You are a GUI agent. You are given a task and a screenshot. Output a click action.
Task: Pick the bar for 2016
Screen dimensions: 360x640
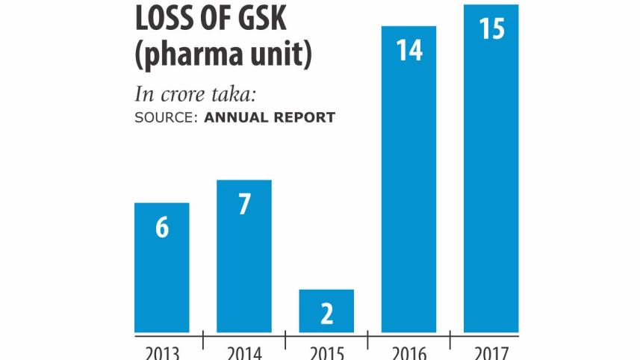tap(408, 179)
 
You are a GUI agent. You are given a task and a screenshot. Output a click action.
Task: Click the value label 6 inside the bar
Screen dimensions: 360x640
tap(162, 228)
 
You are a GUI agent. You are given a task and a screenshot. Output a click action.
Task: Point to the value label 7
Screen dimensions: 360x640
tap(244, 205)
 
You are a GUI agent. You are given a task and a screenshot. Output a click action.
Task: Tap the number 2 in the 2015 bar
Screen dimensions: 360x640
tap(326, 314)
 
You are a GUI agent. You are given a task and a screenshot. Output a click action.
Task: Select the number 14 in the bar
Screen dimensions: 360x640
tap(408, 51)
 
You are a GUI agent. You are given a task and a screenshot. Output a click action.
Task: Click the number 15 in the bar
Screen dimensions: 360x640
tap(491, 29)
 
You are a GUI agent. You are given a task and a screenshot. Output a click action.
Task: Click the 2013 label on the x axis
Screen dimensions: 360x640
tap(161, 351)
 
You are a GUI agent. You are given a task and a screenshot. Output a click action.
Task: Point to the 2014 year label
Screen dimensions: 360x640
tap(244, 351)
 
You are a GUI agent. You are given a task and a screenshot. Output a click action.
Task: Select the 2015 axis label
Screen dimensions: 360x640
tap(326, 351)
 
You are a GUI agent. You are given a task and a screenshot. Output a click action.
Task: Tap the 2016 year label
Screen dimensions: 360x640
tap(408, 351)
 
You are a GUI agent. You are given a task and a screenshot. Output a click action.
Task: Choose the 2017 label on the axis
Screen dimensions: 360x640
tap(491, 351)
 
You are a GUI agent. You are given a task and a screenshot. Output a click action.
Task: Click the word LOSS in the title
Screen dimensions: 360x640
tap(167, 17)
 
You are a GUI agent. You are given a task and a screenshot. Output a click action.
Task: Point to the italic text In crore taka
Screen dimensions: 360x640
tap(201, 95)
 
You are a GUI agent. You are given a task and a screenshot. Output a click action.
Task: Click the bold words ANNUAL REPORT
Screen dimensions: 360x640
tap(270, 117)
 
